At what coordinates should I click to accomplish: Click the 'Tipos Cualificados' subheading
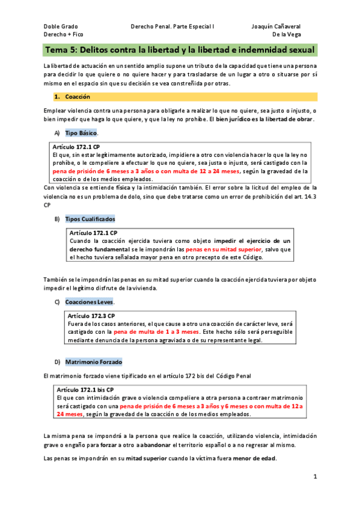click(90, 219)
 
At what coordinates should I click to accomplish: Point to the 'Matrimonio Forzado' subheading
click(93, 362)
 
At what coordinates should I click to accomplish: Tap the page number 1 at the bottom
click(315, 476)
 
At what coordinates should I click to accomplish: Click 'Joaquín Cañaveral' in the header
click(276, 27)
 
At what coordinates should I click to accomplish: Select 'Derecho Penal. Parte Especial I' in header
click(172, 27)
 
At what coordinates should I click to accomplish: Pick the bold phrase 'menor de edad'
click(257, 458)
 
